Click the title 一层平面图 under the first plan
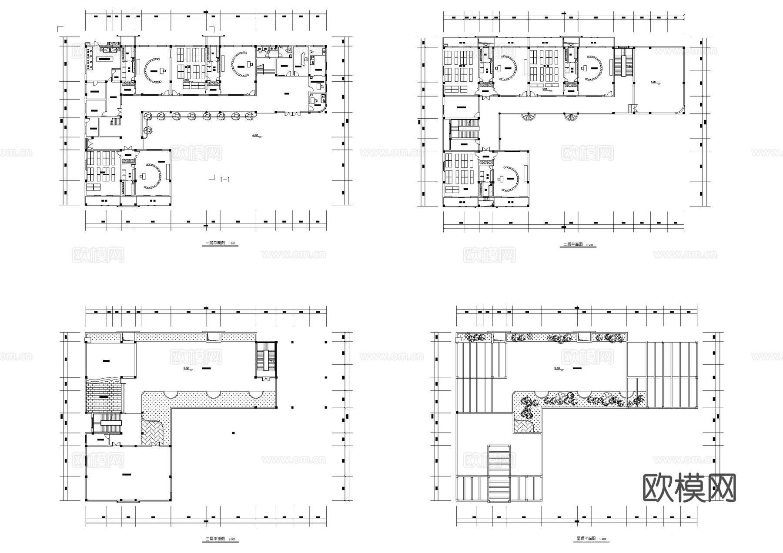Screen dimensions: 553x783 point(215,244)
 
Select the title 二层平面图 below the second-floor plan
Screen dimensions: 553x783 point(572,245)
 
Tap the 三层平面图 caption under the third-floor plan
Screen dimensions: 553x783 point(215,539)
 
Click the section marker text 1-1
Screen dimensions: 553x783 point(224,179)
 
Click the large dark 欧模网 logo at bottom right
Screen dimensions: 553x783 point(689,488)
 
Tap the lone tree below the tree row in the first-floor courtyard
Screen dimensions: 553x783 point(149,129)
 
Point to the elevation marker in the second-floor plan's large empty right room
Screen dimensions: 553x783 point(655,82)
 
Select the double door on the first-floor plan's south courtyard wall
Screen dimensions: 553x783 point(292,114)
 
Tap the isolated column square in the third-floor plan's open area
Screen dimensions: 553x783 point(234,433)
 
